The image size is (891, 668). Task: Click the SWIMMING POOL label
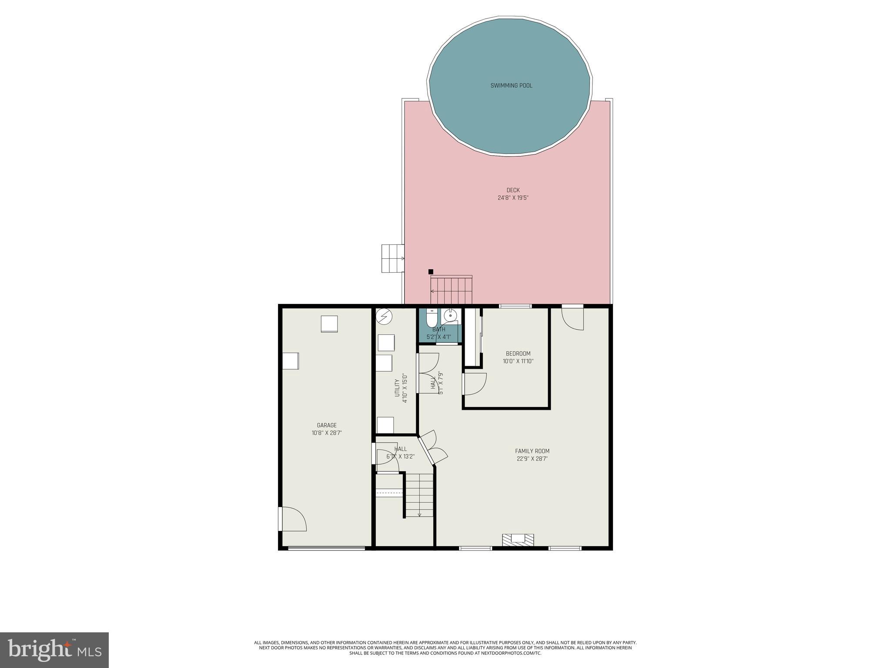(x=511, y=86)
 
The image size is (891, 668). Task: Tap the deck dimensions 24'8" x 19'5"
(x=513, y=198)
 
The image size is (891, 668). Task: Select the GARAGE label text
(x=326, y=425)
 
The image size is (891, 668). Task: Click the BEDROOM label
(x=518, y=354)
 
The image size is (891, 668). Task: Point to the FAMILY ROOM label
(x=532, y=451)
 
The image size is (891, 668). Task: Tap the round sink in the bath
(x=450, y=315)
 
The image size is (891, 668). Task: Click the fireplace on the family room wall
(x=518, y=540)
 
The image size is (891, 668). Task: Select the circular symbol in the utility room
(x=384, y=316)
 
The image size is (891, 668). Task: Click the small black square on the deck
(x=431, y=271)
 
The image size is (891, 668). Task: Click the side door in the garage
(x=292, y=519)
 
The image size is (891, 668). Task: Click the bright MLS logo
(x=54, y=650)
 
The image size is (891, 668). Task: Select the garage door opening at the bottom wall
(x=326, y=548)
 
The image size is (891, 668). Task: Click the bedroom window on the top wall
(x=515, y=306)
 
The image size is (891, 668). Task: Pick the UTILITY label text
(x=397, y=388)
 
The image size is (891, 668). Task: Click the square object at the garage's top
(x=329, y=324)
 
